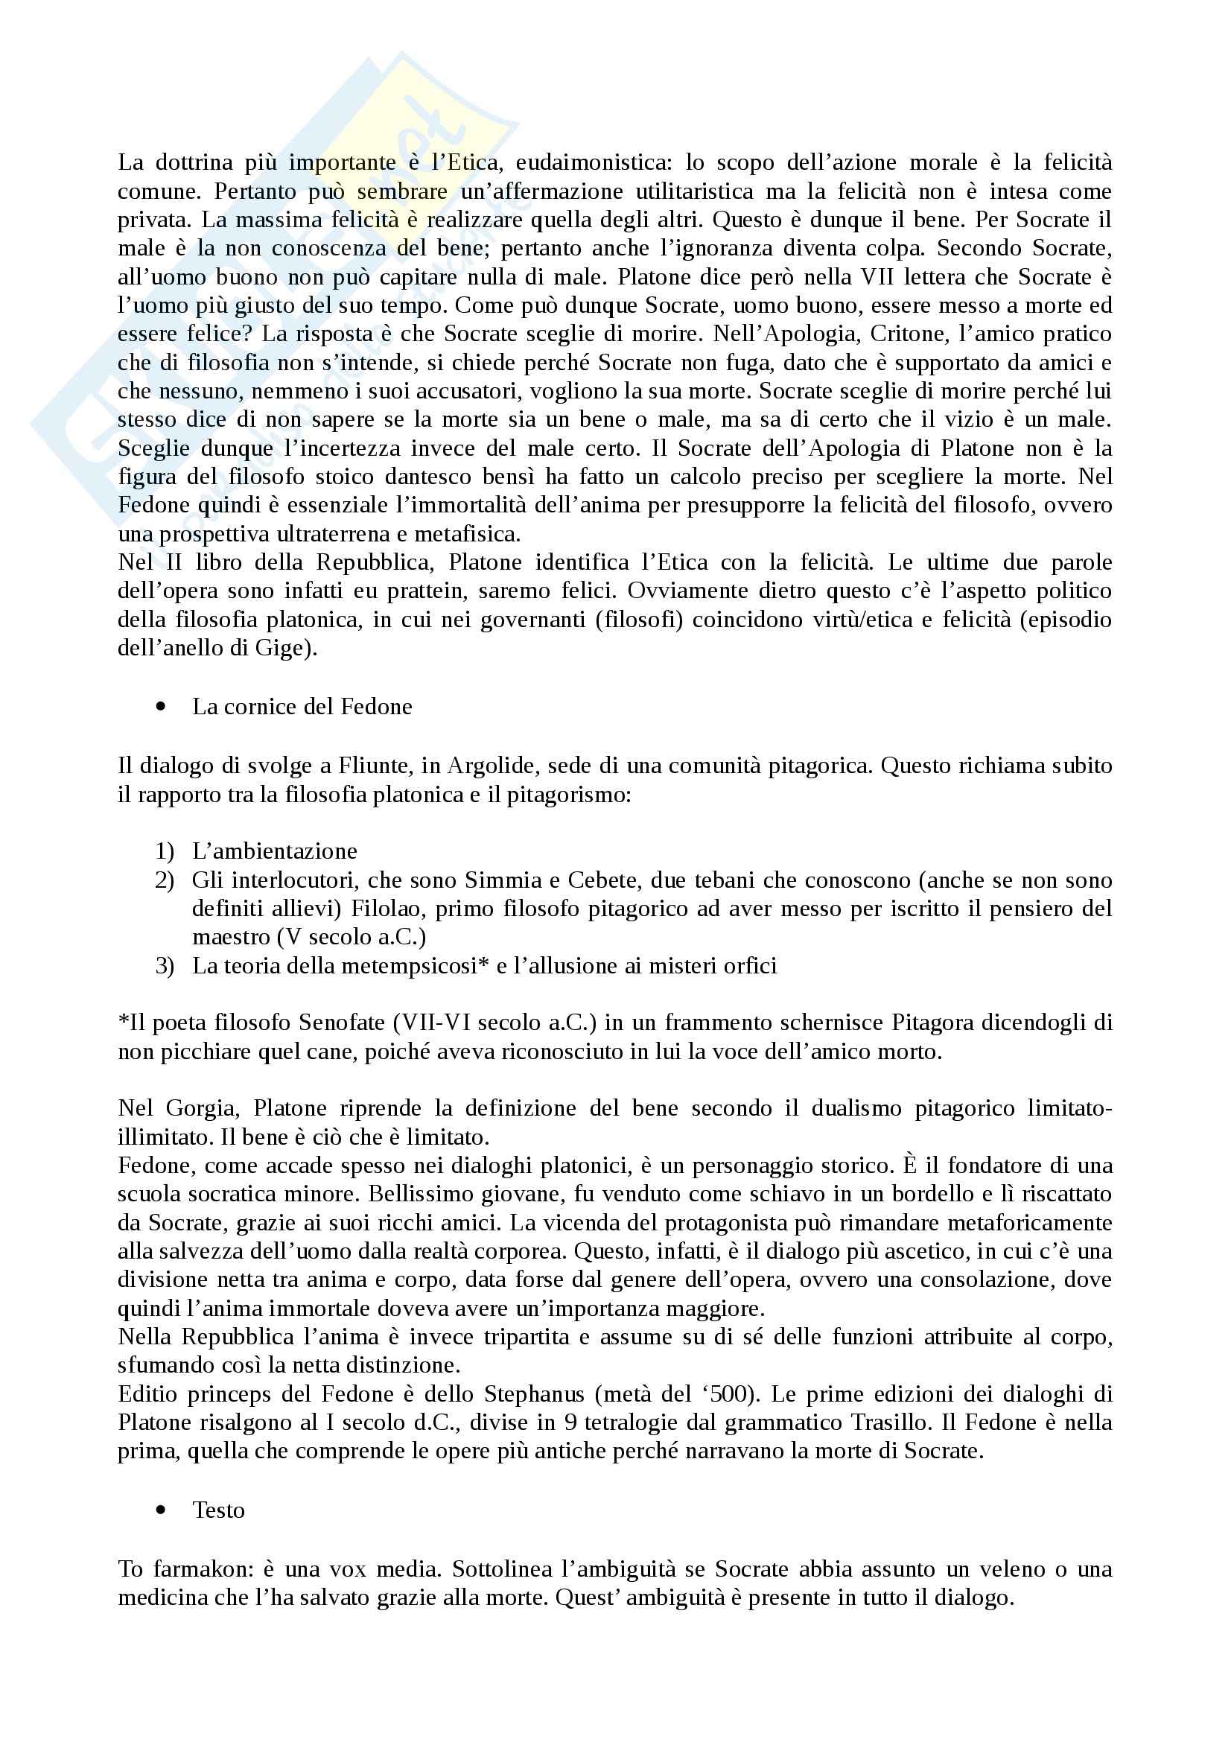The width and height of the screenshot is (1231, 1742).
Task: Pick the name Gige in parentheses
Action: [287, 649]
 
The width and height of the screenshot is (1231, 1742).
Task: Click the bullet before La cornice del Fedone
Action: [160, 706]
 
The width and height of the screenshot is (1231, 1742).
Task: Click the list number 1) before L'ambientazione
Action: [165, 851]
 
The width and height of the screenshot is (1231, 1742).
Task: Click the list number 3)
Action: [165, 966]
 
